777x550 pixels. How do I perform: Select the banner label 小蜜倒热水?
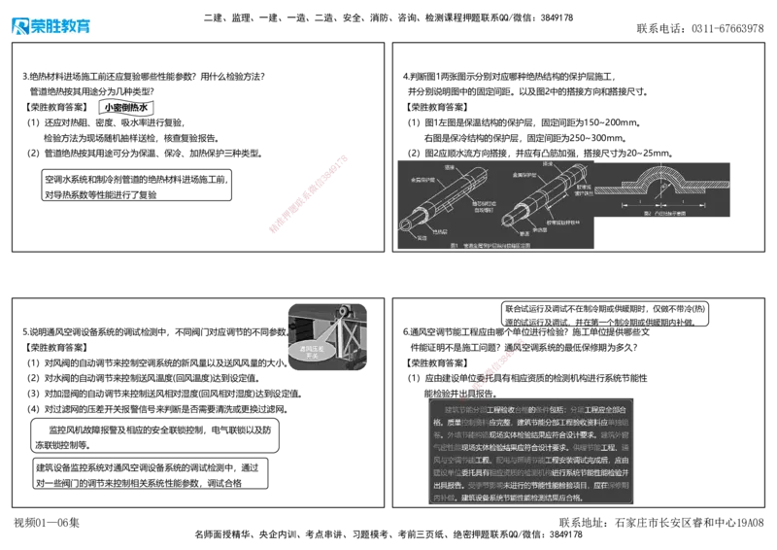(127, 109)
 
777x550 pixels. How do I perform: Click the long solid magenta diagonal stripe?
(307, 192)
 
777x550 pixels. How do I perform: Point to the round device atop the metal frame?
(339, 314)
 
